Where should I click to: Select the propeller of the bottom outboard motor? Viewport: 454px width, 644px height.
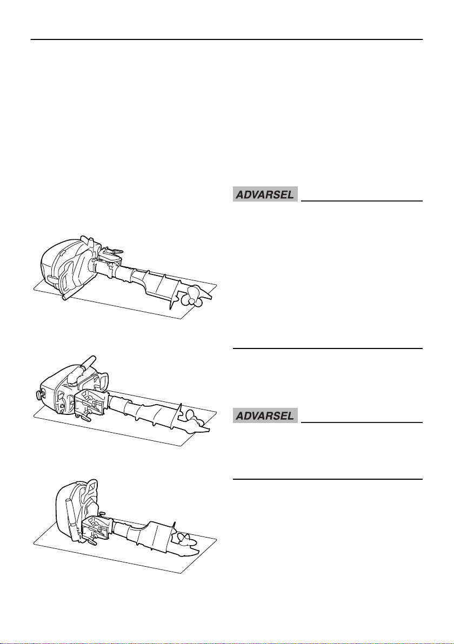(182, 538)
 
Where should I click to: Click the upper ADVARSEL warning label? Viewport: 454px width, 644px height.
(265, 195)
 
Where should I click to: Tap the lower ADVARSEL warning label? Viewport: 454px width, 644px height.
(265, 416)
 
